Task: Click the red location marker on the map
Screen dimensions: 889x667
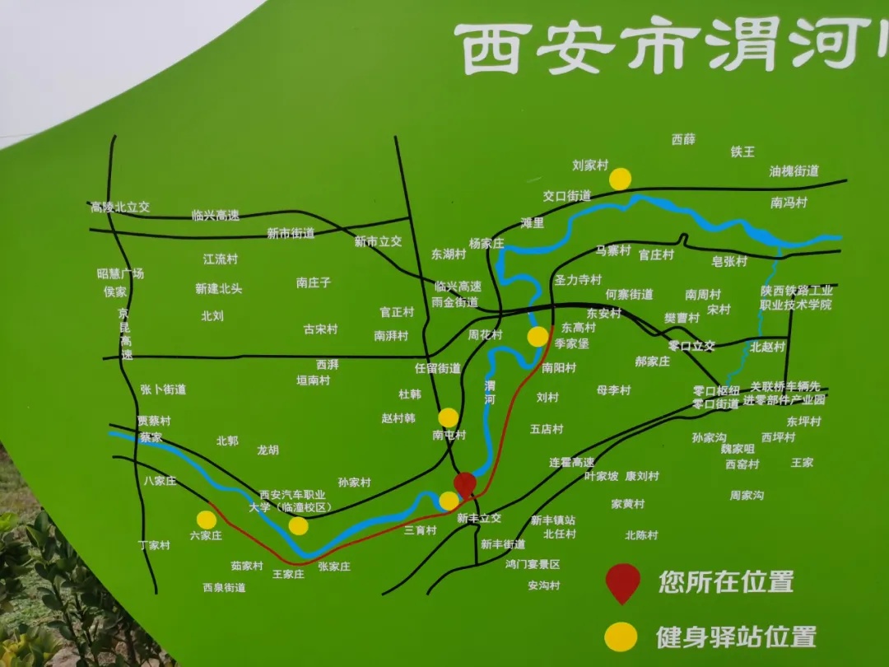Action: click(465, 484)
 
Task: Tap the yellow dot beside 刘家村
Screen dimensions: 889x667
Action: click(621, 179)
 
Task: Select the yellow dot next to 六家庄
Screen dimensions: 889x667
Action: click(207, 520)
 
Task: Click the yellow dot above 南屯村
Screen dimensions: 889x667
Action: click(449, 417)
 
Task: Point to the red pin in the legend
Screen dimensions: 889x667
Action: click(623, 581)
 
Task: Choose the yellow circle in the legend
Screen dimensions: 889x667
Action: click(621, 637)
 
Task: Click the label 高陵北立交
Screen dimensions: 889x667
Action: click(120, 208)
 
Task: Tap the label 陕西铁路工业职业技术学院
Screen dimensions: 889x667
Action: click(796, 297)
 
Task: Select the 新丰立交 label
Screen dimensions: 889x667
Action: click(479, 519)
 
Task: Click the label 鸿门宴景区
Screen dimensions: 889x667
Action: click(533, 564)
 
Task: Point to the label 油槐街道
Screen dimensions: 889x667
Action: click(794, 171)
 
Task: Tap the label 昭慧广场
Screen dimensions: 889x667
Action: click(120, 273)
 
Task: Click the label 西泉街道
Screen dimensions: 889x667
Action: click(224, 588)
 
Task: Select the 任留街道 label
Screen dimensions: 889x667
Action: click(438, 368)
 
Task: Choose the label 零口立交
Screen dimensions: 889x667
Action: click(691, 346)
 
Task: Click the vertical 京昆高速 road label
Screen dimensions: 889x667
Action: click(125, 333)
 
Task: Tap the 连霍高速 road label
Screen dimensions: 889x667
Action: click(571, 463)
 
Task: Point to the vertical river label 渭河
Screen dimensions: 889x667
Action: click(490, 392)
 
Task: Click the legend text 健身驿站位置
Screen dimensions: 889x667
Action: click(736, 637)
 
